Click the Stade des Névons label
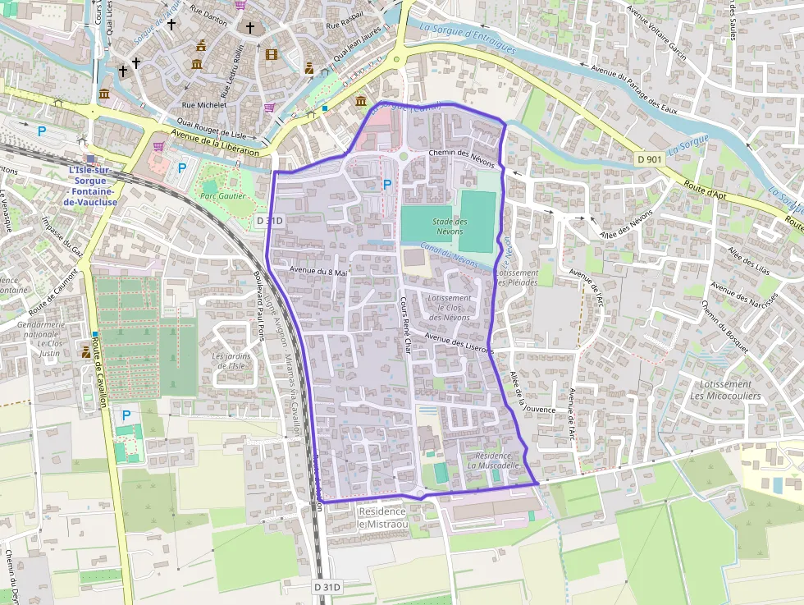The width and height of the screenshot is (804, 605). click(x=449, y=227)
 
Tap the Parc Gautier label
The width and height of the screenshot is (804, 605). click(x=218, y=196)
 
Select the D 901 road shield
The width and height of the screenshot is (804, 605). click(x=649, y=158)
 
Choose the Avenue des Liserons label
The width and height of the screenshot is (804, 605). click(x=459, y=342)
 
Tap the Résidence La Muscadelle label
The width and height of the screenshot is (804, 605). click(x=492, y=460)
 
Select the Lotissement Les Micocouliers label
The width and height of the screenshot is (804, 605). click(x=720, y=390)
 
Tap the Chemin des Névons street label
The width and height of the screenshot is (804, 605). click(x=461, y=154)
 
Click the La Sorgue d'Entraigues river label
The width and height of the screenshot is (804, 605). click(x=468, y=36)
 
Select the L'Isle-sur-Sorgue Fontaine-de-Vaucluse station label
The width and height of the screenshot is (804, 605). click(x=90, y=186)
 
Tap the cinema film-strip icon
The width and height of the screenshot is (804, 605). click(x=272, y=54)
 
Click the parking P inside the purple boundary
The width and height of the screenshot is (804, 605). click(x=386, y=185)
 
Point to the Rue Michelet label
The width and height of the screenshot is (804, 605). click(x=204, y=105)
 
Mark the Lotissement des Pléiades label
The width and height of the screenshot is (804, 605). click(x=517, y=277)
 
